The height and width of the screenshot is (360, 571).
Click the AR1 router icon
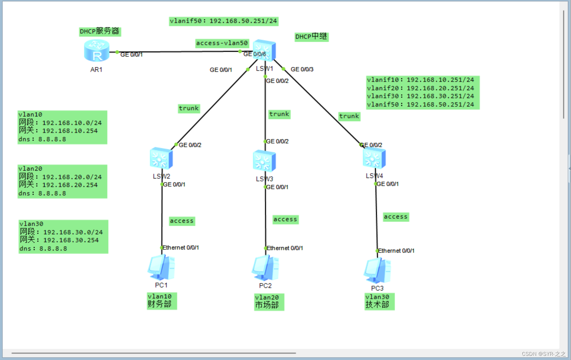(x=96, y=51)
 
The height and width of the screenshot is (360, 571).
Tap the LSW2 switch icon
(x=161, y=158)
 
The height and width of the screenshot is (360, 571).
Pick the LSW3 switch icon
(x=264, y=161)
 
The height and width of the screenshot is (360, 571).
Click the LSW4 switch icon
(x=374, y=158)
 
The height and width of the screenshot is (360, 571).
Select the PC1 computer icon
(x=161, y=267)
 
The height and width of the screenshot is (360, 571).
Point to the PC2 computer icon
(x=265, y=268)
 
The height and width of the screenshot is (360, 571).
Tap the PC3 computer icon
(x=377, y=271)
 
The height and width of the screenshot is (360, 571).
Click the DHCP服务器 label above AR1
(x=100, y=31)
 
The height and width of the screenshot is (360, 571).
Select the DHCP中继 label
(x=311, y=36)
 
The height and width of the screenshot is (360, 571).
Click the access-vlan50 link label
(x=222, y=43)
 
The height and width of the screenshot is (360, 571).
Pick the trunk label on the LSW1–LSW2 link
(x=189, y=108)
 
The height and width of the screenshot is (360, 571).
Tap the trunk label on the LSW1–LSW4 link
(x=349, y=116)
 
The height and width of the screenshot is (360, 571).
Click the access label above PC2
(x=285, y=219)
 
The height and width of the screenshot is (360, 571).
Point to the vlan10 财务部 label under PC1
(x=162, y=301)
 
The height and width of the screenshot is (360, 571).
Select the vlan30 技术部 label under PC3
(x=379, y=301)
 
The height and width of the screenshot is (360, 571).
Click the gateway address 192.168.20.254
(x=70, y=185)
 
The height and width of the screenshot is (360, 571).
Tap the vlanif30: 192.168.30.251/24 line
(x=420, y=96)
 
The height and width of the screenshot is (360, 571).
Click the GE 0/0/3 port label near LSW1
(x=302, y=69)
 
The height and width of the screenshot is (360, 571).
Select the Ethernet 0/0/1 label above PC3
(x=396, y=251)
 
